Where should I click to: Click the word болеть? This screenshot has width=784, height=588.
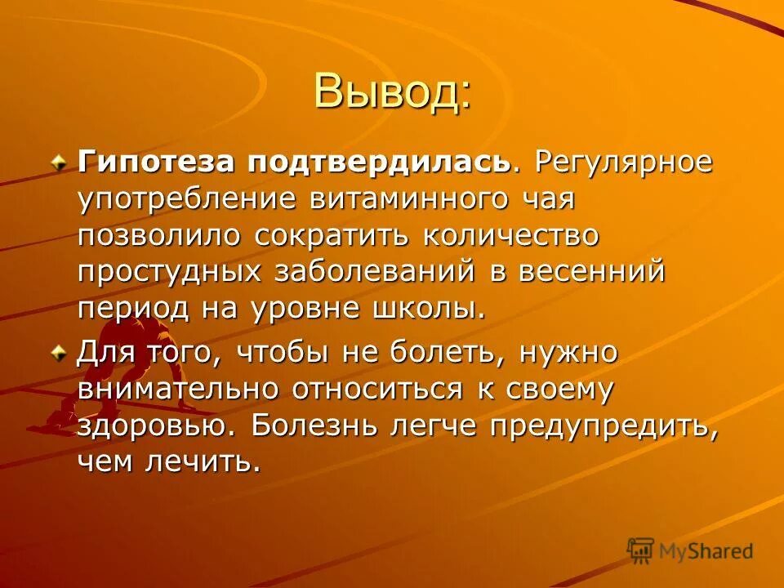point(430,353)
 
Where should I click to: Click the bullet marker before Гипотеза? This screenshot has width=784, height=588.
point(60,162)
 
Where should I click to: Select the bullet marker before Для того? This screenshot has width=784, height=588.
point(60,354)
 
